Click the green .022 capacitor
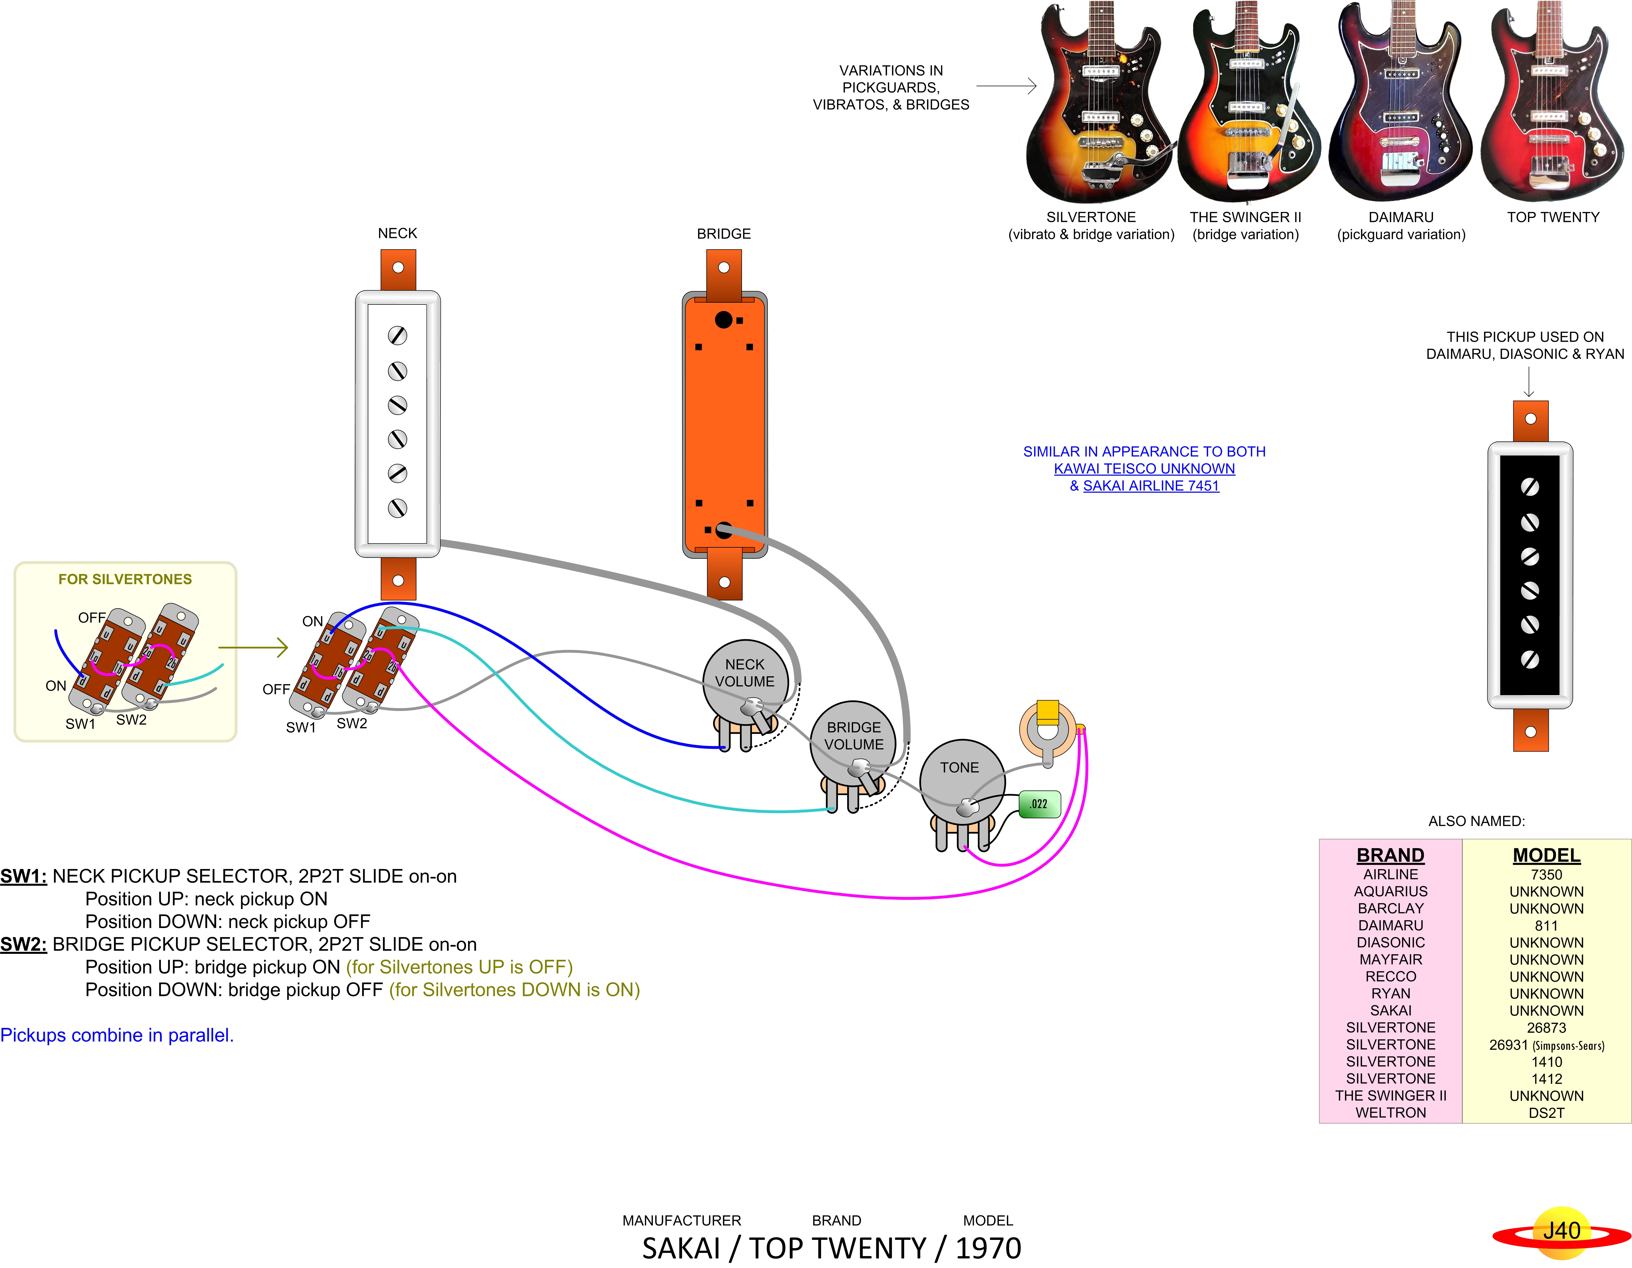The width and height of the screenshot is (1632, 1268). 1039,804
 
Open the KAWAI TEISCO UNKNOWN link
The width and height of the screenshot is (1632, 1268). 1144,468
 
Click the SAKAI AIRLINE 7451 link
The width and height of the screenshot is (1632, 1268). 1151,486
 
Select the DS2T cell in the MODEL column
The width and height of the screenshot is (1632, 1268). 1546,1113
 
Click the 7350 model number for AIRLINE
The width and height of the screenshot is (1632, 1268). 1546,874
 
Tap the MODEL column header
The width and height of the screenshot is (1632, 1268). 1546,855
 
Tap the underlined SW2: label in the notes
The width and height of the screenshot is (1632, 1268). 23,945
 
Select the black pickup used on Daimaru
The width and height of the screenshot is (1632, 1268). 1530,575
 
